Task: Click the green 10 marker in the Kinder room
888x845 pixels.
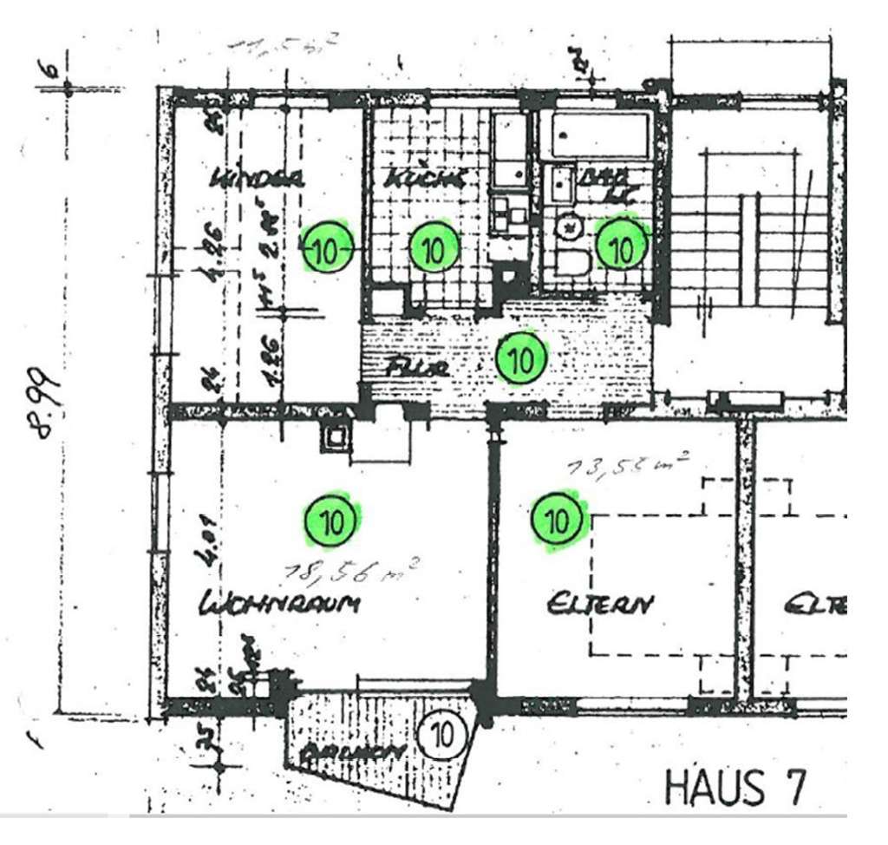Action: (x=326, y=251)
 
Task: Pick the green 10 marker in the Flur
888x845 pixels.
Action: (x=521, y=359)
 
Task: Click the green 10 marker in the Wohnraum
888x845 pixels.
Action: (x=330, y=521)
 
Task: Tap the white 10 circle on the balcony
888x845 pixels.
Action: (x=441, y=736)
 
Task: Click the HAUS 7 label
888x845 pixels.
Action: (x=735, y=786)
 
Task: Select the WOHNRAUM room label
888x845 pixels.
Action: (x=279, y=604)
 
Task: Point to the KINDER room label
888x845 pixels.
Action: (x=258, y=180)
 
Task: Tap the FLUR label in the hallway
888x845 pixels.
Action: (x=418, y=368)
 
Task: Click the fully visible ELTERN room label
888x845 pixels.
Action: (x=599, y=604)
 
